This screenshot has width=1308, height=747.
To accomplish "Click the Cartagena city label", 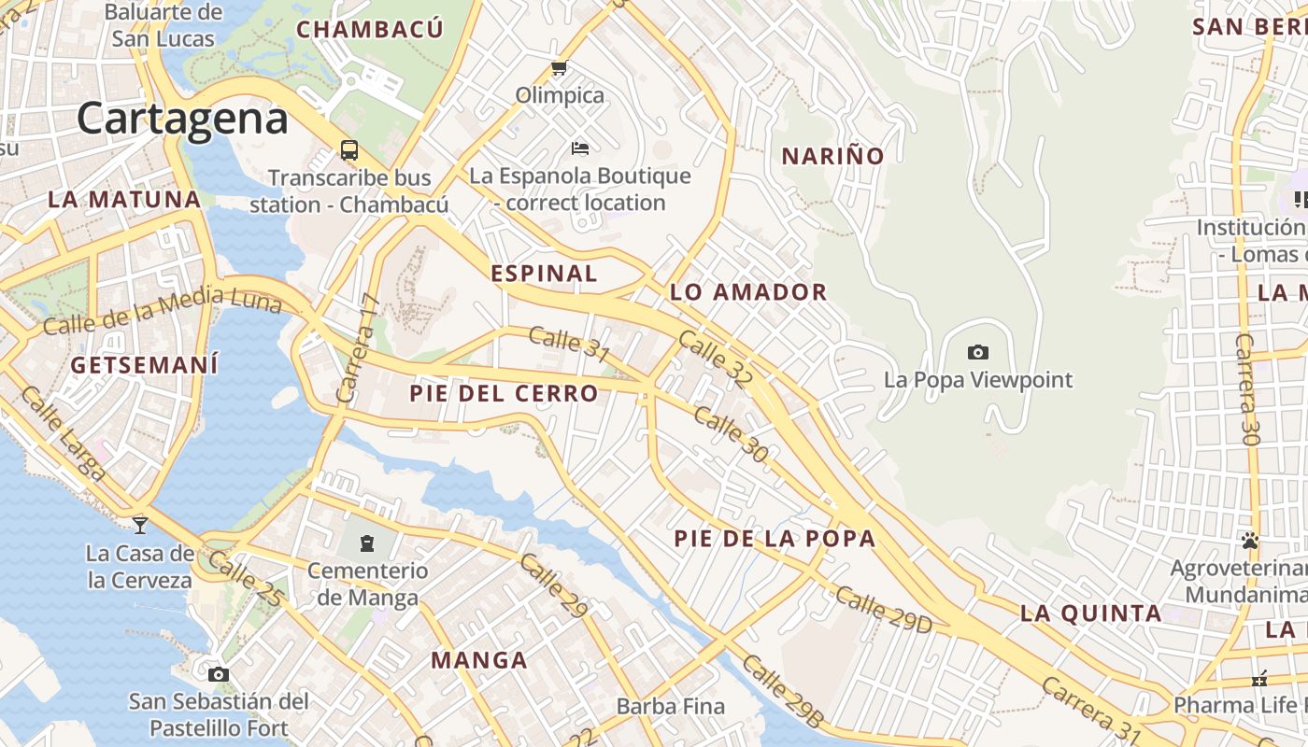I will click(x=182, y=120).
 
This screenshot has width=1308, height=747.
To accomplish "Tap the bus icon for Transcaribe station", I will click(x=349, y=149).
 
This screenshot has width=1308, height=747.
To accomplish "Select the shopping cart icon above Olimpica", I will click(x=560, y=68).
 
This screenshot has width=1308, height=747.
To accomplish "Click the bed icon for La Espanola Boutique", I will click(x=580, y=148).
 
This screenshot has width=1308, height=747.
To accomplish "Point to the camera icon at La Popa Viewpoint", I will click(x=978, y=352).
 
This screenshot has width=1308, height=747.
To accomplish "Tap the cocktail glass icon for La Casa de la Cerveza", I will click(x=140, y=525).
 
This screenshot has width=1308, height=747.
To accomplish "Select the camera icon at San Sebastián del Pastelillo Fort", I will click(x=218, y=674).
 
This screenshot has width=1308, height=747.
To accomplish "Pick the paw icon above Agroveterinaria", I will click(x=1250, y=540).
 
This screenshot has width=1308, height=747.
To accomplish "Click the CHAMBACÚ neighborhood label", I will click(x=370, y=30).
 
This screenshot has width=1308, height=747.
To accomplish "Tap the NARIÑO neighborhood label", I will click(x=832, y=157).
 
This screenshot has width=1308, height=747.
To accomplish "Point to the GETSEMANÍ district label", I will click(x=145, y=365).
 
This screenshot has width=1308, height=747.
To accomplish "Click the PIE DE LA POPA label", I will click(x=775, y=539).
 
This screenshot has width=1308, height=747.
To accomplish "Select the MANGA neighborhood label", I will click(x=479, y=661).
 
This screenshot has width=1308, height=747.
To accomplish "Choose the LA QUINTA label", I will click(x=1090, y=613).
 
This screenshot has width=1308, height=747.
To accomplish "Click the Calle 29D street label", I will click(x=883, y=610).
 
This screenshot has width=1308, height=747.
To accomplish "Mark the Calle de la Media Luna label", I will click(x=161, y=312).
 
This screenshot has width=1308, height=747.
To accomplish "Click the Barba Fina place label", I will click(x=671, y=707).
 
